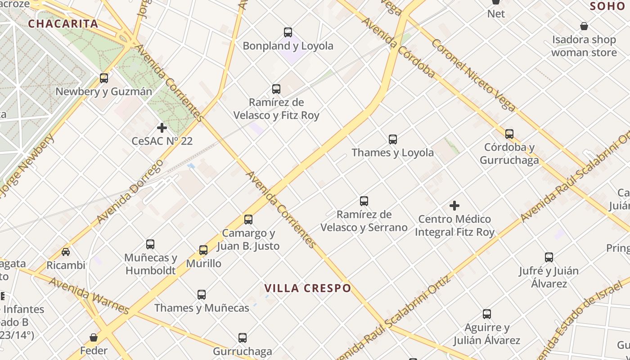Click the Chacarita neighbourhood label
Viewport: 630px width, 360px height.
coord(63,24)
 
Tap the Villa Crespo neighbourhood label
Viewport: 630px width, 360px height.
coord(307,288)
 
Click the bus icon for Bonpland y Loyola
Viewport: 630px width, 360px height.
coord(288,32)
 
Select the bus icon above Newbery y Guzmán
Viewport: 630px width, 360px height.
coord(104,78)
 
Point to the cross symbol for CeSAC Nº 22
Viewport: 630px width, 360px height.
coord(162,128)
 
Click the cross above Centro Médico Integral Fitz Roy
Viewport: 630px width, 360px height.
coord(454,206)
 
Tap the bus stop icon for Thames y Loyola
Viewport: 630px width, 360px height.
coord(393,139)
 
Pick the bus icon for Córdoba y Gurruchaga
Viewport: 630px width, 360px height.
coord(509,134)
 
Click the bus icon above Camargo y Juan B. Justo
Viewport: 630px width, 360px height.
coord(248,220)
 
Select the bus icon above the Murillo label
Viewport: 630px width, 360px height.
coord(203,250)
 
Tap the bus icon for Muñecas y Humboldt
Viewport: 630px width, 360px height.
coord(150,244)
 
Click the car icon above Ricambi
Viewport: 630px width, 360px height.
coord(66,252)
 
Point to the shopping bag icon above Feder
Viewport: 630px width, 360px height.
coord(94,337)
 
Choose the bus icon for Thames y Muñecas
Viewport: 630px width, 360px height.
coord(202,295)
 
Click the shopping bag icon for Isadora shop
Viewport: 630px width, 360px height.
coord(584,26)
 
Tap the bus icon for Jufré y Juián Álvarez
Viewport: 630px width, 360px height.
coord(549,257)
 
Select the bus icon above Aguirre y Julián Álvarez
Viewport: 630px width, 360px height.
coord(487,314)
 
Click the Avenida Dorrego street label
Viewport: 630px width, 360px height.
coord(129,191)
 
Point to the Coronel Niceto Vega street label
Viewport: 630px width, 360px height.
coord(473,75)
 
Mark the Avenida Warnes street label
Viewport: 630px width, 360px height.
coord(89,296)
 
